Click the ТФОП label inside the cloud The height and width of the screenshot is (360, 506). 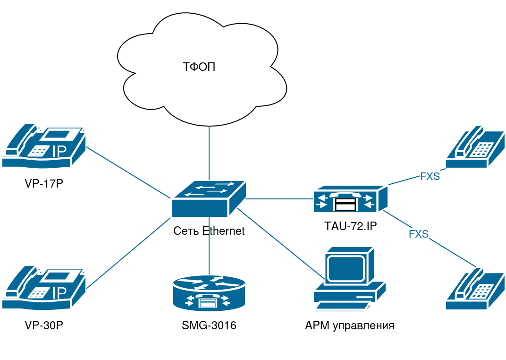pos(199,67)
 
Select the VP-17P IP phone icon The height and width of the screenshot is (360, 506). pos(43,146)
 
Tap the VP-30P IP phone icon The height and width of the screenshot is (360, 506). pos(43,288)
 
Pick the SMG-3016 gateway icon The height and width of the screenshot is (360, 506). pos(209,292)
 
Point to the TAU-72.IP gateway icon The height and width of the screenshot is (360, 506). pos(350,199)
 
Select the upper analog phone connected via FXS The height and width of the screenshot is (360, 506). pos(475,147)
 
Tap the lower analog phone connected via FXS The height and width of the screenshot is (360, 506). pos(475,289)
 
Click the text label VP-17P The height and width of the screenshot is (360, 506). pos(44,183)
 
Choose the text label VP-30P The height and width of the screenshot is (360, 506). pos(44,326)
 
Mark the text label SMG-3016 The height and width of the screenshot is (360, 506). pos(209,326)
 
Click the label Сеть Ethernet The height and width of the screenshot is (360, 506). pos(209,231)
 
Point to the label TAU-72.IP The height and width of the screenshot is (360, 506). pos(350,226)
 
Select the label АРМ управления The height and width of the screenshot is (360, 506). pos(350,326)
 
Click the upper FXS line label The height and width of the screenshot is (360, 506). pos(430,177)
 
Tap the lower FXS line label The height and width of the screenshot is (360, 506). pos(418,234)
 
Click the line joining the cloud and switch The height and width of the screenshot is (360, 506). pos(209,151)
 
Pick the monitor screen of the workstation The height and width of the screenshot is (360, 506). pos(347,268)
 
